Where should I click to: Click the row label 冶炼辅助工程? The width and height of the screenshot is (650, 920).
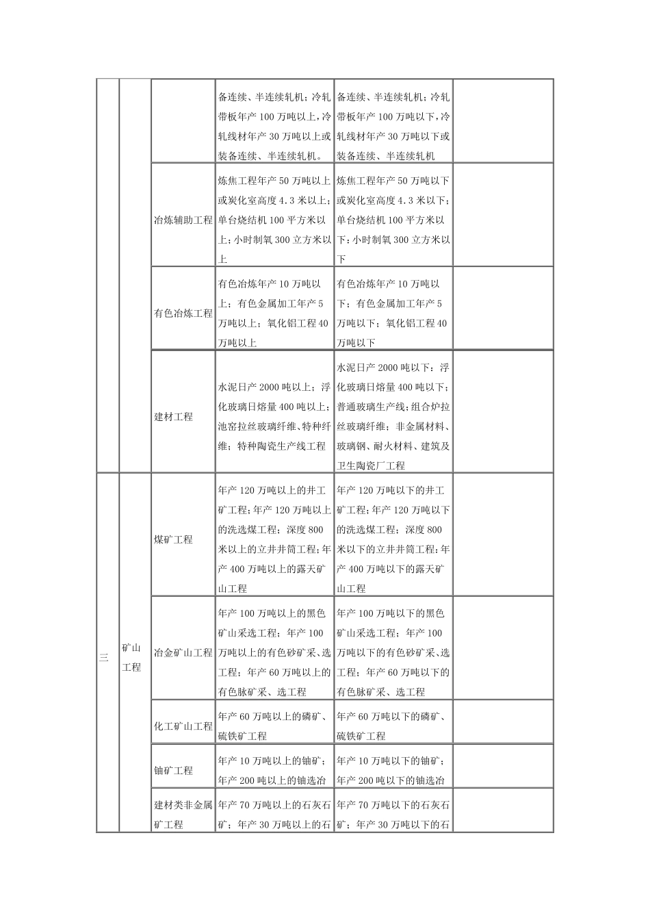(x=183, y=220)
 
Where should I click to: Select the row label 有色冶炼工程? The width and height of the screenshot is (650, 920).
(x=183, y=314)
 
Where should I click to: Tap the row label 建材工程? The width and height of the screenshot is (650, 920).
(x=174, y=416)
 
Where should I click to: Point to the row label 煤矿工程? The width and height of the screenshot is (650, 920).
(x=174, y=539)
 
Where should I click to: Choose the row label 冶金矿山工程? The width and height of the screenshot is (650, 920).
(x=183, y=652)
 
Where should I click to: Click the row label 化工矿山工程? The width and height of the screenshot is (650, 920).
(x=183, y=726)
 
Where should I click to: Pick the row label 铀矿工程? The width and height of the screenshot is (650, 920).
(x=174, y=770)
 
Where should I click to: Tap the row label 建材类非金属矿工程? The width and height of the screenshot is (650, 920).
(x=183, y=815)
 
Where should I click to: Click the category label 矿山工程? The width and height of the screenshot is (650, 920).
(x=131, y=657)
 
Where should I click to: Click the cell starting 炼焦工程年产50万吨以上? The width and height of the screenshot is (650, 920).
(x=275, y=220)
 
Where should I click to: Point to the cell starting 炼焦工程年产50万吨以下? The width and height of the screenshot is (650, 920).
(x=393, y=220)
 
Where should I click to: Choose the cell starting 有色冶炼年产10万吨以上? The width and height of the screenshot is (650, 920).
(x=275, y=314)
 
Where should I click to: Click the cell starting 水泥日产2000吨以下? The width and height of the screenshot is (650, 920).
(x=393, y=416)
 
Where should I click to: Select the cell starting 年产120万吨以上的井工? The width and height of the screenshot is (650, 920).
(x=275, y=539)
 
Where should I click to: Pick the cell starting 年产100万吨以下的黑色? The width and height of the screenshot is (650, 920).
(x=393, y=652)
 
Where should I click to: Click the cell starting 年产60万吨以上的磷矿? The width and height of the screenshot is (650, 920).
(x=275, y=726)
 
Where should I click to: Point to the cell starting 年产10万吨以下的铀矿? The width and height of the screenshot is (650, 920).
(x=393, y=770)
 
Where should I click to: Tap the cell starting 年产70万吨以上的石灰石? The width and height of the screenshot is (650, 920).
(x=275, y=815)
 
